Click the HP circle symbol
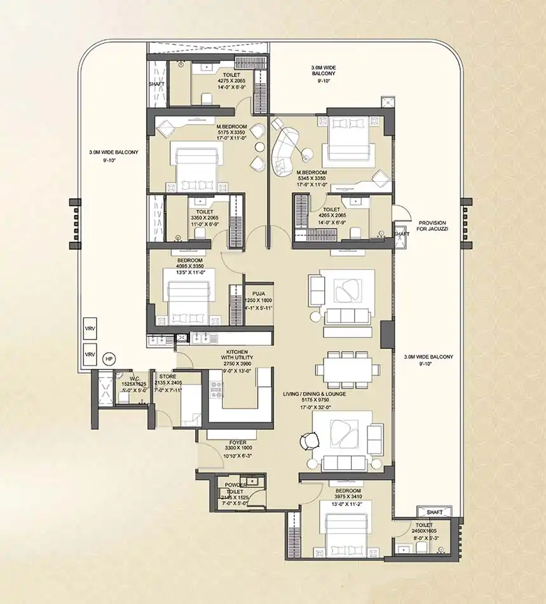pyautogui.click(x=109, y=359)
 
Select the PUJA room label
pyautogui.click(x=257, y=294)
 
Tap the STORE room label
pyautogui.click(x=168, y=376)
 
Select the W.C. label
pyautogui.click(x=130, y=376)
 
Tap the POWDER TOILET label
pyautogui.click(x=235, y=488)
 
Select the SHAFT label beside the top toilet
pyautogui.click(x=157, y=83)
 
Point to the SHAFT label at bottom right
pyautogui.click(x=435, y=512)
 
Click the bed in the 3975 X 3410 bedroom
pyautogui.click(x=348, y=533)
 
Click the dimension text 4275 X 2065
pyautogui.click(x=213, y=81)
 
